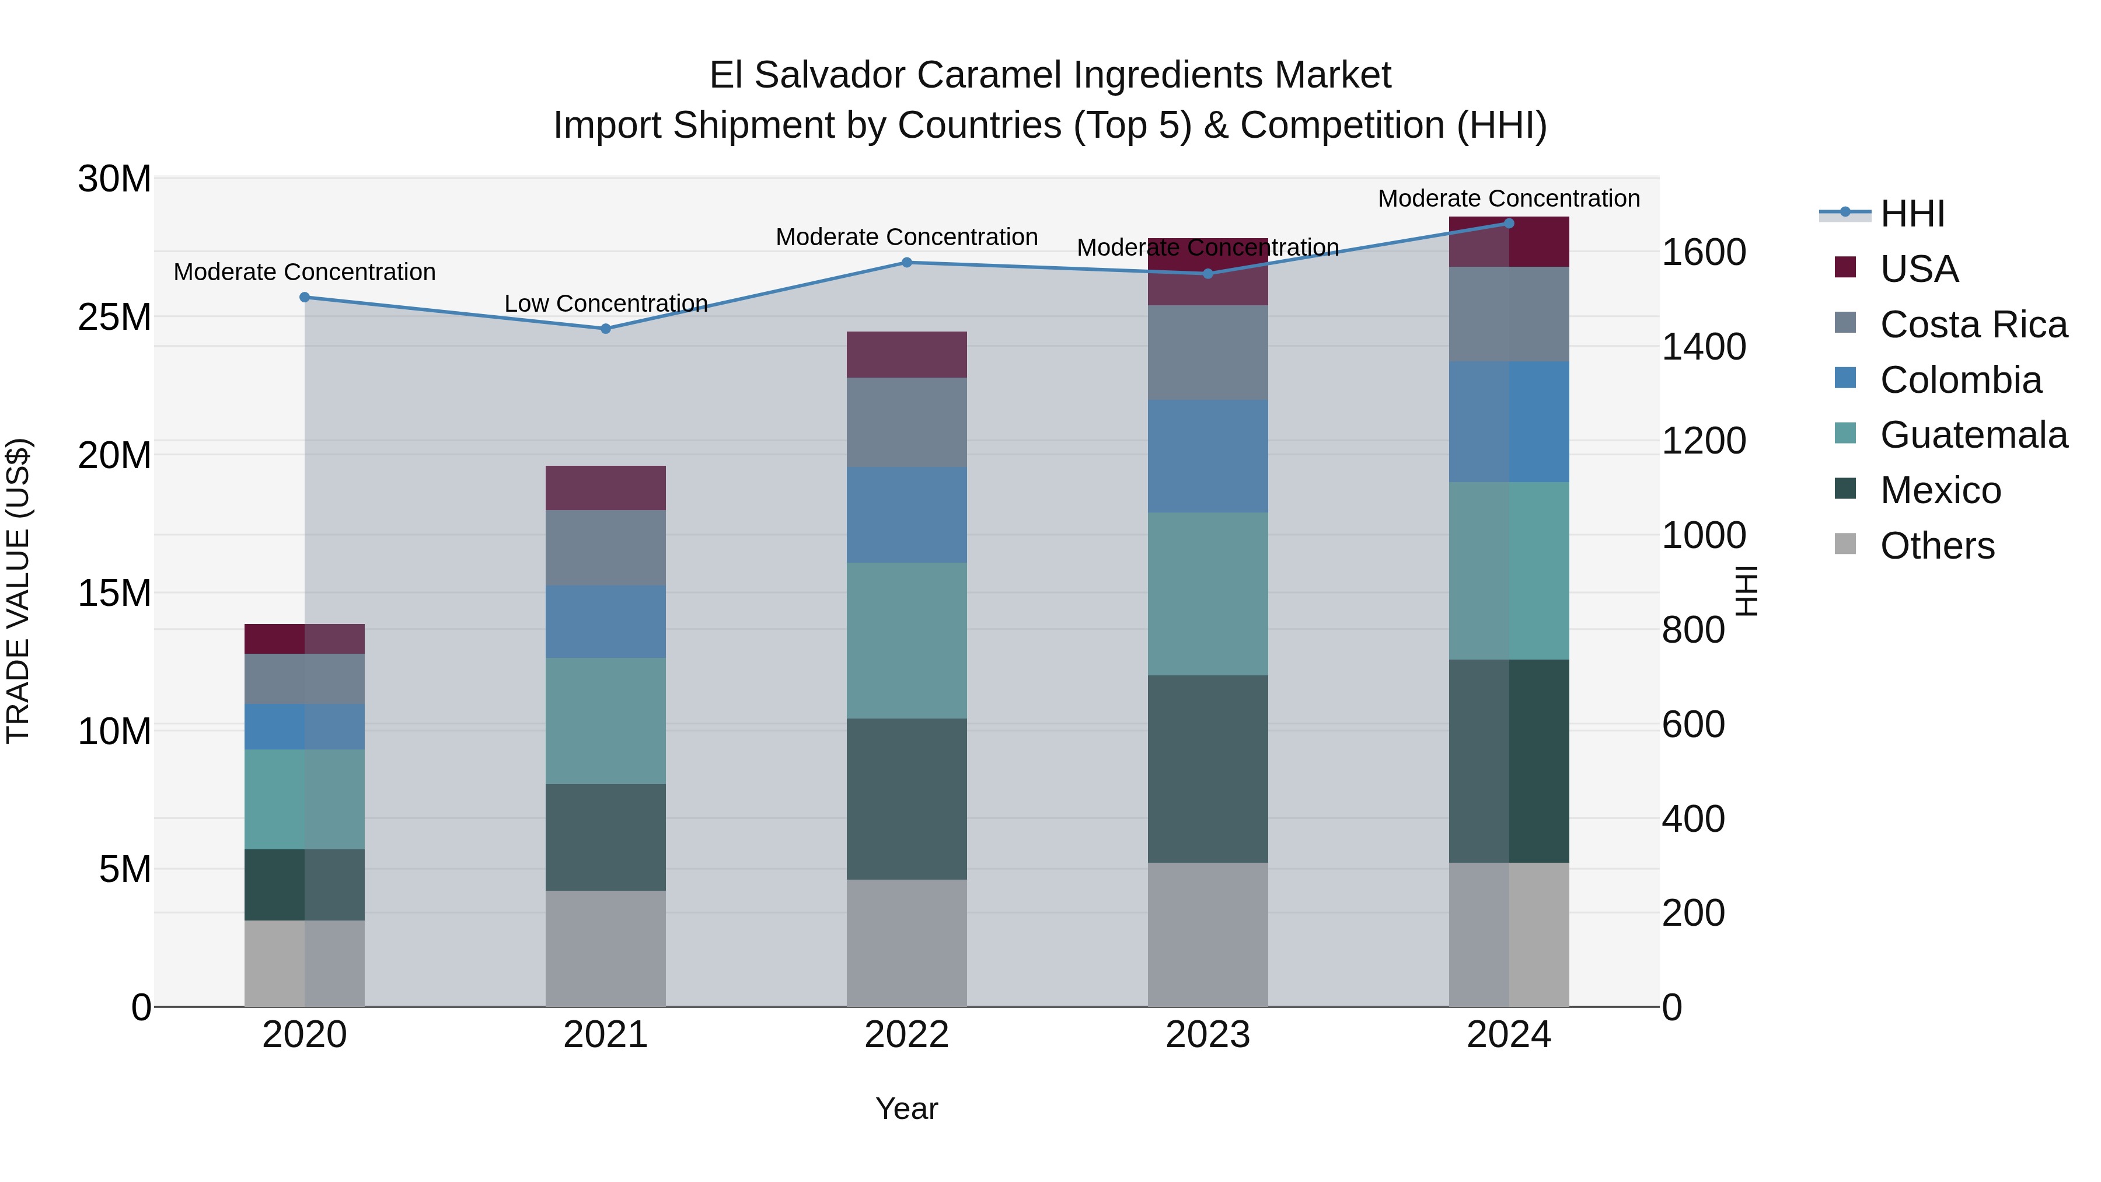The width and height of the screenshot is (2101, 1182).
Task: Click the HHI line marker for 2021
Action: [x=605, y=329]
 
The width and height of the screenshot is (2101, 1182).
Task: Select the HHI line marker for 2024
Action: [x=1508, y=224]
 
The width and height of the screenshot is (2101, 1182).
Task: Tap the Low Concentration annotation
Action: [x=605, y=304]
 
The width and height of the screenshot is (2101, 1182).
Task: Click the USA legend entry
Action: [x=1918, y=269]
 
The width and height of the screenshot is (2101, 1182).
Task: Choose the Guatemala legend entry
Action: [x=1973, y=435]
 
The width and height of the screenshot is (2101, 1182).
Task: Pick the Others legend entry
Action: [x=1936, y=546]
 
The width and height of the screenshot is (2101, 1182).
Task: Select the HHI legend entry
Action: [x=1912, y=214]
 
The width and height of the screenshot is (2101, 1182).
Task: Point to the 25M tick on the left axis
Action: [x=114, y=316]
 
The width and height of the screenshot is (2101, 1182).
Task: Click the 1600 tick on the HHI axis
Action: [x=1703, y=252]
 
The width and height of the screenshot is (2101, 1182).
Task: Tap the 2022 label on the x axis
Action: [x=906, y=1035]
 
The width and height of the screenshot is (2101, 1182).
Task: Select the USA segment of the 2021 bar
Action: [x=605, y=488]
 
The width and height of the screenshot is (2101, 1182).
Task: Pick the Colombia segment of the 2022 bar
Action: [x=906, y=515]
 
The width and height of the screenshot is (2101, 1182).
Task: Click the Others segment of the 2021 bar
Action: [x=605, y=948]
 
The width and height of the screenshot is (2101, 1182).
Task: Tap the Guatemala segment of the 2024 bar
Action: [x=1508, y=570]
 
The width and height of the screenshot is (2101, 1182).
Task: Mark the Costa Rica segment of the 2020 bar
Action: [x=304, y=679]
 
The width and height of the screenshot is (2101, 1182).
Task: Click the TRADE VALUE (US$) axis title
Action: [x=18, y=591]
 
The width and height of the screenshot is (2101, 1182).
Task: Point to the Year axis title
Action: [x=906, y=1108]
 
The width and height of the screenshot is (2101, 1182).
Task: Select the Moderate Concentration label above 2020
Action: [x=304, y=271]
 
